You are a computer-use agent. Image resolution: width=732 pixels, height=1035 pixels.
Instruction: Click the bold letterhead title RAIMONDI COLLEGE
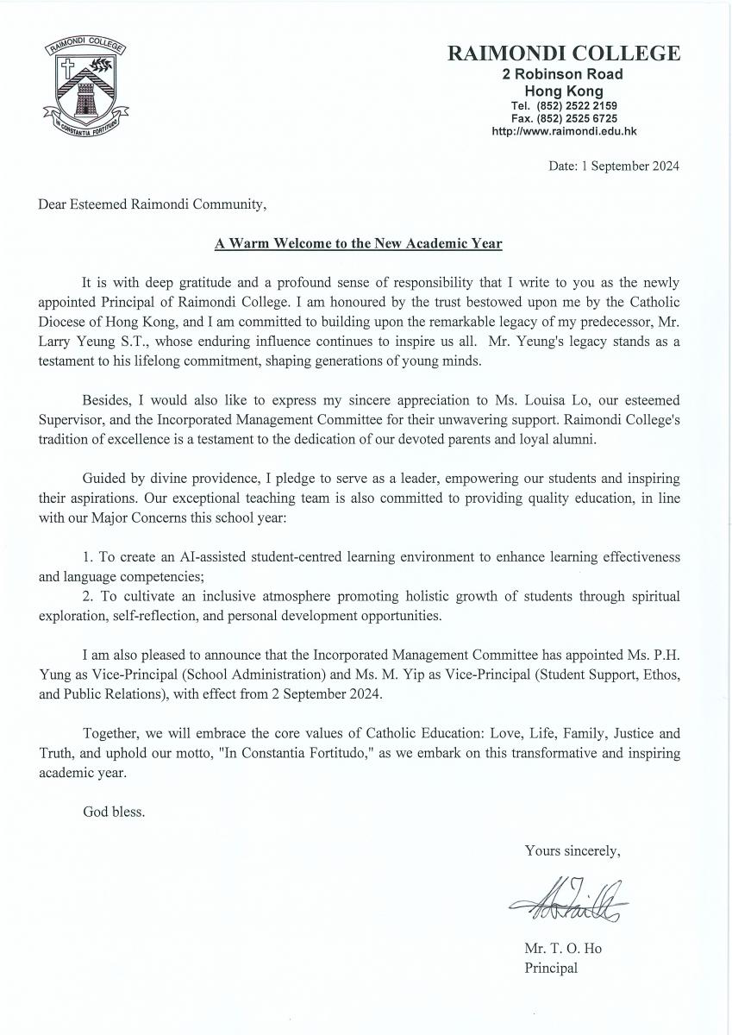pos(563,54)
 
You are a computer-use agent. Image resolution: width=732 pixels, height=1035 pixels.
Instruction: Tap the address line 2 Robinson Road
pos(563,75)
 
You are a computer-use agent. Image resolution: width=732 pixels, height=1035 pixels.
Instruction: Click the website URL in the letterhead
pos(563,131)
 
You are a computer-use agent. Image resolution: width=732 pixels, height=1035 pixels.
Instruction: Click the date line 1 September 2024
pos(613,166)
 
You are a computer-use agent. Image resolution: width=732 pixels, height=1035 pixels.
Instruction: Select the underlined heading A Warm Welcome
pos(358,243)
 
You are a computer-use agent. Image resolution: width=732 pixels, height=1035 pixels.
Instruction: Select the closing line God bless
pos(114,812)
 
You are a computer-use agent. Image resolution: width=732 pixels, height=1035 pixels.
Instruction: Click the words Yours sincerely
pos(572,850)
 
